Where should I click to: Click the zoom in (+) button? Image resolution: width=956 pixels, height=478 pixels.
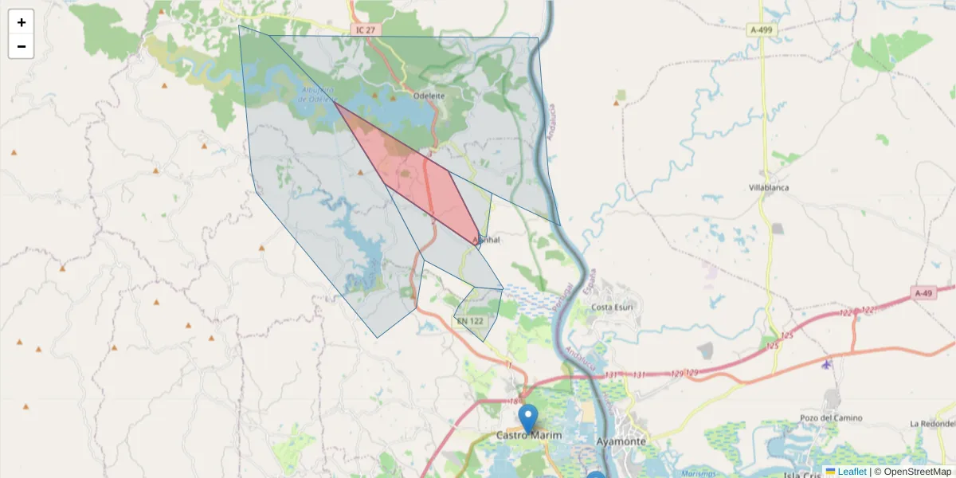22,22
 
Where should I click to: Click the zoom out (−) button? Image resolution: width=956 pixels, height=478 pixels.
22,46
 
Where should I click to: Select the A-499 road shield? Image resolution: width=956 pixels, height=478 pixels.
761,29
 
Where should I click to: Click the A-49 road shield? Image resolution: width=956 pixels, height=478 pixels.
923,293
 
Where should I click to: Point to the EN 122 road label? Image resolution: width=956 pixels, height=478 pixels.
470,321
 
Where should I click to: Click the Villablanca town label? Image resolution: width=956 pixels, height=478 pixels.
770,188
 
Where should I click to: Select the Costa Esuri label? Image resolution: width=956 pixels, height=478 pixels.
612,308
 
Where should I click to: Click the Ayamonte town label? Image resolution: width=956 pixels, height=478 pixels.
621,440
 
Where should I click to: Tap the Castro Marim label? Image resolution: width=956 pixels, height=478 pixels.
529,436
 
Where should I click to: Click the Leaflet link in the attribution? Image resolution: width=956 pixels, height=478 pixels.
852,472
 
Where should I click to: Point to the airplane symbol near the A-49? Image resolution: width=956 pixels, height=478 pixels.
826,364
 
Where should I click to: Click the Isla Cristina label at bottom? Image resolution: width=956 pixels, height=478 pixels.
801,475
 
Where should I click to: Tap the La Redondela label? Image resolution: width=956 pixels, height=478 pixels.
931,423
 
